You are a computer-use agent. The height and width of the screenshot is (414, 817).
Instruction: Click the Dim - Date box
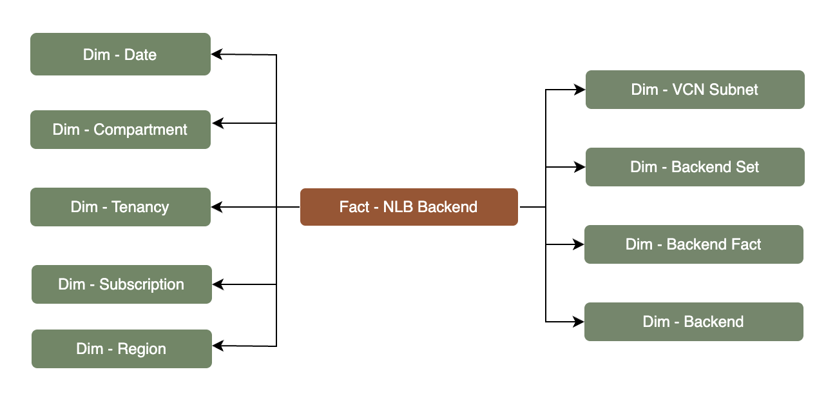(x=120, y=54)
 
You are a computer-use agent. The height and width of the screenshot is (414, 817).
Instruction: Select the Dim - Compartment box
(x=120, y=130)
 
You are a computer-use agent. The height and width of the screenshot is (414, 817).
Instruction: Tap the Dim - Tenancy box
(x=120, y=207)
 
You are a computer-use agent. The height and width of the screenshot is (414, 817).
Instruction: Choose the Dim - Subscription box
(x=121, y=284)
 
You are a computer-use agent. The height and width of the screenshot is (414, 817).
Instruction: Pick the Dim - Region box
(x=121, y=349)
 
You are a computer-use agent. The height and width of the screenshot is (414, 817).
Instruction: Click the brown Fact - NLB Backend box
(x=408, y=207)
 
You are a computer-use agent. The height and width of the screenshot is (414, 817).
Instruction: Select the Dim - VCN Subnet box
(x=695, y=90)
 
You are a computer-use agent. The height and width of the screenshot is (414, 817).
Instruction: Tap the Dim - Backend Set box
(x=695, y=167)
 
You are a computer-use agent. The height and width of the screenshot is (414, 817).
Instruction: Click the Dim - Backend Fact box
(x=693, y=244)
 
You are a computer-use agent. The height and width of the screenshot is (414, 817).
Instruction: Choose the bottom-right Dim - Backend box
(x=693, y=322)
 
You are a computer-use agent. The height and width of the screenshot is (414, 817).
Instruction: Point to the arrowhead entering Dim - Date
(x=217, y=55)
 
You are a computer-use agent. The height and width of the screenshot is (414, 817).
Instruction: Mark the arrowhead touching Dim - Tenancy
(x=217, y=207)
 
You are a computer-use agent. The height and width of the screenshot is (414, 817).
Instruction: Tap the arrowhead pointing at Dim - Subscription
(x=218, y=284)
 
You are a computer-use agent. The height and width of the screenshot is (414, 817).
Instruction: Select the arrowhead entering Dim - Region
(x=218, y=346)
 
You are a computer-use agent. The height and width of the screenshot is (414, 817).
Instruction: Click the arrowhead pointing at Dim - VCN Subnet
(x=580, y=90)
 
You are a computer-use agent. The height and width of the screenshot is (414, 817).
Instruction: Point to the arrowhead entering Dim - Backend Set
(x=580, y=167)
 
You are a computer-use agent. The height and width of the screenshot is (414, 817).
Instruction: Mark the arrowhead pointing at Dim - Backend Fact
(x=579, y=244)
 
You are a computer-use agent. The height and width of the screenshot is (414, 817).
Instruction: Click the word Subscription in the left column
(x=142, y=284)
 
